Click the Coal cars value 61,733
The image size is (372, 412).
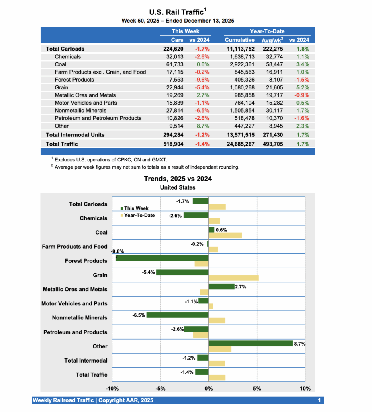pos(175,64)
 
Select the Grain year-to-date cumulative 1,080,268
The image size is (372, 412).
pos(239,87)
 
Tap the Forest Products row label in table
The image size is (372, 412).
pos(74,80)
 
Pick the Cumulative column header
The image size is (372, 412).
pos(239,40)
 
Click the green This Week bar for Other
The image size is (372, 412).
pos(251,343)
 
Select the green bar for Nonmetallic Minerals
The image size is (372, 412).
pos(178,315)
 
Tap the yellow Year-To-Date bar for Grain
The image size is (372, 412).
pos(233,278)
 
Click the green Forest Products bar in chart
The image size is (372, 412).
pos(162,258)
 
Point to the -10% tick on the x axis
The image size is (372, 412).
pos(112,389)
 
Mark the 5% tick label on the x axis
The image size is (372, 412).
pos(257,389)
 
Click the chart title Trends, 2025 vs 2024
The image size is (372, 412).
pos(178,179)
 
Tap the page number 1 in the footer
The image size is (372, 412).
pos(319,400)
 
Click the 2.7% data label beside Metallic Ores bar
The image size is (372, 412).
pos(240,287)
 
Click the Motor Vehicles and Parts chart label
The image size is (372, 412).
pos(74,303)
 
